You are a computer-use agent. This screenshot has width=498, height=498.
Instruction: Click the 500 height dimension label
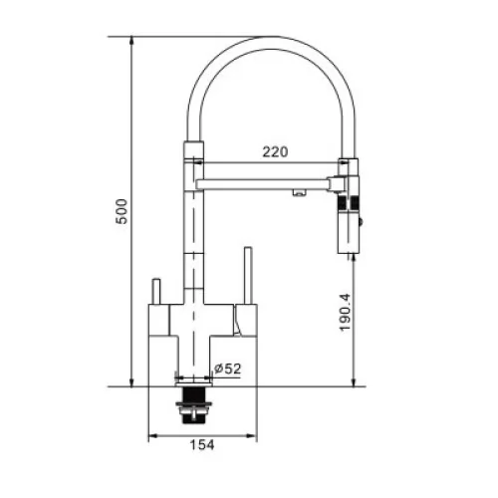[x=122, y=211]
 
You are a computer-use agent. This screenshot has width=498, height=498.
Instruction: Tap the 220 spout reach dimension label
[x=275, y=152]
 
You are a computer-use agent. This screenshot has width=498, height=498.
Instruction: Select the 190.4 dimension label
[x=345, y=312]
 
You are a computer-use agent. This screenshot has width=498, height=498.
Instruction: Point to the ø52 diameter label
[x=227, y=369]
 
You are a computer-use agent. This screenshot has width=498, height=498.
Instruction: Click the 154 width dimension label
[x=202, y=444]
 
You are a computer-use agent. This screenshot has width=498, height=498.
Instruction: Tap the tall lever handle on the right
[x=248, y=275]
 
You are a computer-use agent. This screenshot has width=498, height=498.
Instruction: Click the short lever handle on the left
[x=155, y=291]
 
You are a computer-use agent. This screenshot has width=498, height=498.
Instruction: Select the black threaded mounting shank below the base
[x=193, y=404]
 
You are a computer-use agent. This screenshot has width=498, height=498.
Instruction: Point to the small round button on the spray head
[x=361, y=222]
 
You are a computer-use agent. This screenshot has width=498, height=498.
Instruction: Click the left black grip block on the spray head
[x=343, y=203]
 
